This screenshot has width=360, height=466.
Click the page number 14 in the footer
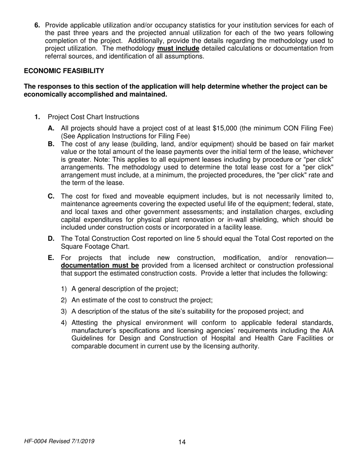coord(182,442)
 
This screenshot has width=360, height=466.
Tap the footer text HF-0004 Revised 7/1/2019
coord(59,441)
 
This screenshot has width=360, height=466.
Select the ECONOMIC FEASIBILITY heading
coord(64,71)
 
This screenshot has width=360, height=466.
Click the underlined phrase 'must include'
coord(178,48)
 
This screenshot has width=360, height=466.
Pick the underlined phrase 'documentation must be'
coord(100,265)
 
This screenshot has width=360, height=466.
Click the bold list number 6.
coord(37,25)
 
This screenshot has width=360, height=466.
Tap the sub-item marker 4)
coord(64,322)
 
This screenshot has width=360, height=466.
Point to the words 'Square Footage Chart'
coord(90,246)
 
